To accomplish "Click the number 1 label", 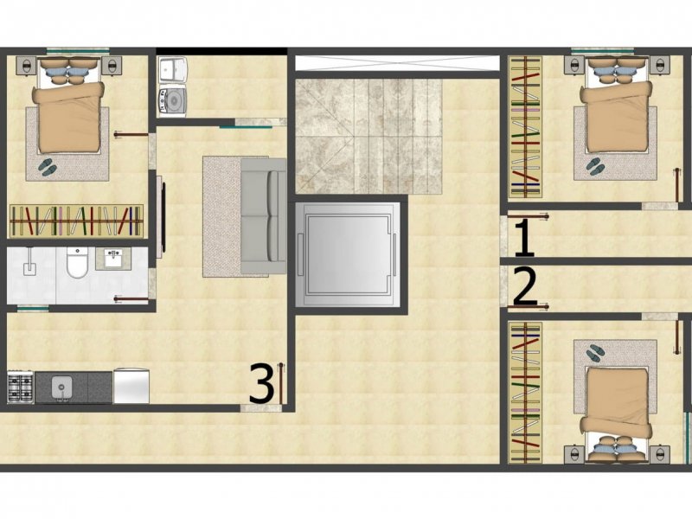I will (x=524, y=238).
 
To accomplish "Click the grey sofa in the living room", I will (x=264, y=215).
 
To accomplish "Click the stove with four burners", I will (x=21, y=386).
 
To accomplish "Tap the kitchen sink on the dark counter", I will (x=61, y=387).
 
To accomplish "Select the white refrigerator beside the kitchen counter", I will (x=131, y=386).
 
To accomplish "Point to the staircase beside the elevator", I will (x=368, y=136).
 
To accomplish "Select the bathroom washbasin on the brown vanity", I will (x=113, y=258).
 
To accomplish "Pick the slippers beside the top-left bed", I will (x=47, y=166).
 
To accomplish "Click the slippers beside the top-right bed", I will (x=596, y=165).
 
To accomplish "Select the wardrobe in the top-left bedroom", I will (x=76, y=221).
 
